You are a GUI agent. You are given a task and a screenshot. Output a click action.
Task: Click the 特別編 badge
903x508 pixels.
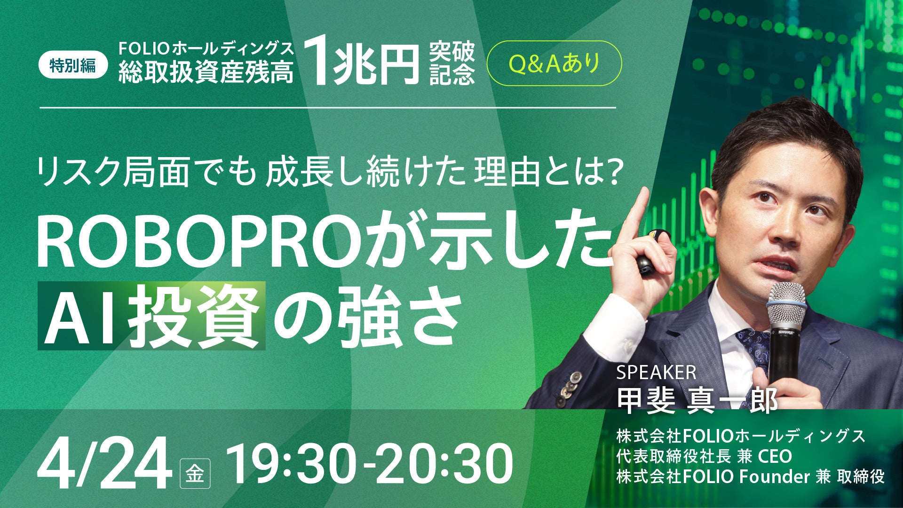(73, 65)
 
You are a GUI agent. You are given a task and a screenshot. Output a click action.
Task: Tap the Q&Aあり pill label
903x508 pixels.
(554, 64)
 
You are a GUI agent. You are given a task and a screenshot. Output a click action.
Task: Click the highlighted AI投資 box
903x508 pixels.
(151, 316)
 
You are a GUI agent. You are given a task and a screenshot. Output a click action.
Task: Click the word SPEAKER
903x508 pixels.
(656, 373)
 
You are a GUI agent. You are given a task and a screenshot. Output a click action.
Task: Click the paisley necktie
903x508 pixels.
(753, 348)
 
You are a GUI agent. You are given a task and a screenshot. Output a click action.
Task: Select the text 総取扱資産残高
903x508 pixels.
(206, 74)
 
